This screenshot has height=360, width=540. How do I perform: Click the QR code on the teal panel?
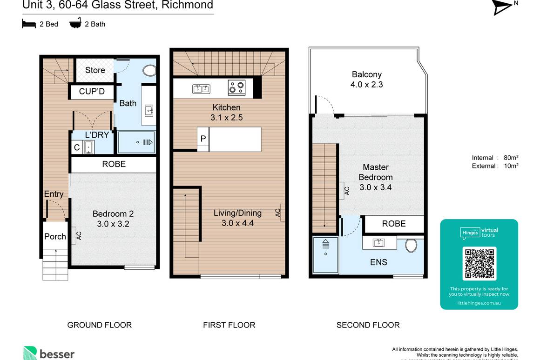[479, 264]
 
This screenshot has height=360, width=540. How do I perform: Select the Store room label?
[95, 70]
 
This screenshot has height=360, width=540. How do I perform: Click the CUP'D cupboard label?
[92, 92]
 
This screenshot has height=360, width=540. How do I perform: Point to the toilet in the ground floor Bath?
[149, 71]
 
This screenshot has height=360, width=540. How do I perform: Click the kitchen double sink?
[201, 88]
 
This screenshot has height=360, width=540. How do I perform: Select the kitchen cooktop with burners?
[236, 87]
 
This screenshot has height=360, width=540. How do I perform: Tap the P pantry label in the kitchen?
[203, 139]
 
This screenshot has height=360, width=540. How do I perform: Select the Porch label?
[55, 236]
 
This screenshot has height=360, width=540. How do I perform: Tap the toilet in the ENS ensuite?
[411, 246]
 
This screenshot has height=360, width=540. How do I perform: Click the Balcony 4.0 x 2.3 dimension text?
[366, 85]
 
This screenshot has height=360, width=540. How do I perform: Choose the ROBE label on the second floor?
[394, 224]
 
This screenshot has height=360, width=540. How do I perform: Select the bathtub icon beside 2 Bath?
[75, 23]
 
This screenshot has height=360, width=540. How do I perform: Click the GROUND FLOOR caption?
[100, 325]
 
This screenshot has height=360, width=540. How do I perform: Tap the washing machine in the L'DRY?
[88, 147]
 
